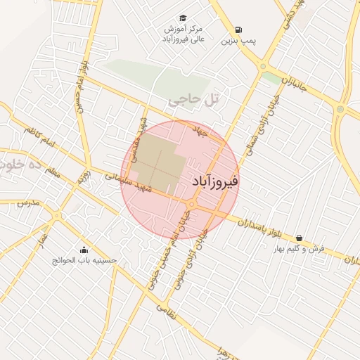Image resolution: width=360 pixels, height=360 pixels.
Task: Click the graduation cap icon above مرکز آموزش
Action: (x=182, y=18)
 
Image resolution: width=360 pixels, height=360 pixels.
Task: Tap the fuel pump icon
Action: (x=239, y=30)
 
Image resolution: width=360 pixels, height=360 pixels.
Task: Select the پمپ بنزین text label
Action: (x=237, y=41)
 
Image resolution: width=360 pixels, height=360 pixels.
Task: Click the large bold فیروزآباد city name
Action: (x=215, y=181)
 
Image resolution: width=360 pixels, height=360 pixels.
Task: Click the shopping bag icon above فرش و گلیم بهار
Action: (x=300, y=238)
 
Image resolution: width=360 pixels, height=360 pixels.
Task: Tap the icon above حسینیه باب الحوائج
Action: (x=85, y=249)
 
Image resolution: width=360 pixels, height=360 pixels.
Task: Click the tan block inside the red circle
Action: (x=153, y=165)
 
